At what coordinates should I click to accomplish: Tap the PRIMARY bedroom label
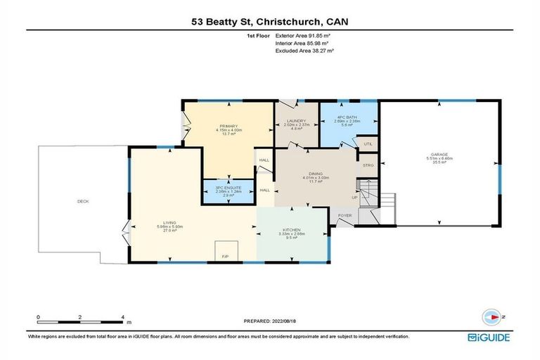pos(228,127)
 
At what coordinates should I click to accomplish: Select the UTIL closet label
pos(367,144)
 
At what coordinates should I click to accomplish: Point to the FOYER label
pos(345,215)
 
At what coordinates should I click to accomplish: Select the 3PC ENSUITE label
pos(229,188)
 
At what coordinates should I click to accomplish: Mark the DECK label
pos(83,202)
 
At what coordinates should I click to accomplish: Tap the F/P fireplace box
pos(226,250)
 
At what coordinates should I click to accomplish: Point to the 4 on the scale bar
pos(123,317)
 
